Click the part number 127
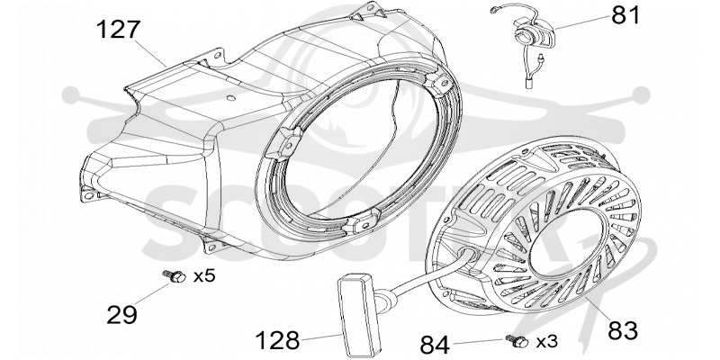pyautogui.click(x=118, y=30)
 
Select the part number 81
pyautogui.click(x=625, y=15)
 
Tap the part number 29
pyautogui.click(x=121, y=314)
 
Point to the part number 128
pyautogui.click(x=277, y=341)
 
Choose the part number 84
pyautogui.click(x=435, y=345)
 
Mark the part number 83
pyautogui.click(x=623, y=330)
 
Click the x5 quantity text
pyautogui.click(x=204, y=276)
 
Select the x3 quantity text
pyautogui.click(x=547, y=341)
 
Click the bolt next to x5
pyautogui.click(x=175, y=276)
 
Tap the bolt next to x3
pyautogui.click(x=517, y=341)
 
